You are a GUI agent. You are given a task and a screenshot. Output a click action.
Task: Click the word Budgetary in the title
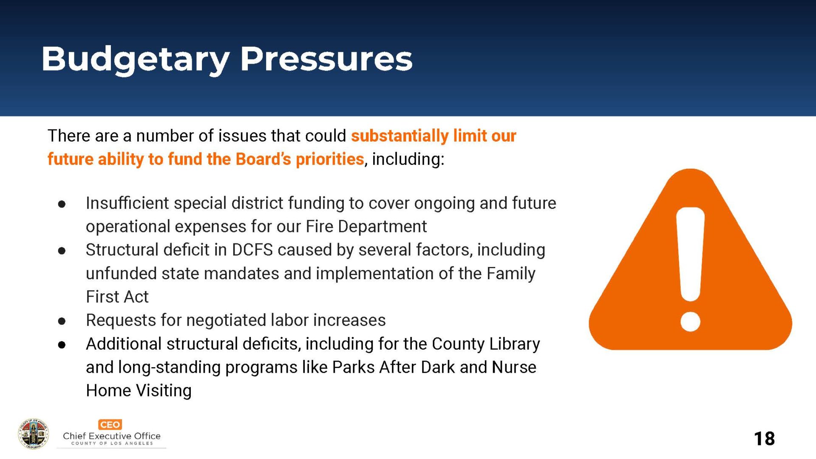tap(136, 59)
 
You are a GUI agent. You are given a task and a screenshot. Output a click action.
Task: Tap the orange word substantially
tap(399, 136)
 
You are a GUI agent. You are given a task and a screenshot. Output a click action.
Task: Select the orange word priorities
tap(330, 159)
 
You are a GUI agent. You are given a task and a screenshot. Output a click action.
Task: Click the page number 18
tap(764, 439)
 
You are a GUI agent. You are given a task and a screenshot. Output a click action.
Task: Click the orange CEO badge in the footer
tap(110, 425)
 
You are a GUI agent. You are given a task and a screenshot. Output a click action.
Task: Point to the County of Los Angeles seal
tap(33, 434)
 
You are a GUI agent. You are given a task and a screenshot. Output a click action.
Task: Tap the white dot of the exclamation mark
tap(690, 321)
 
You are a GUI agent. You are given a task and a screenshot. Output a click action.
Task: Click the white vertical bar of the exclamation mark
tap(690, 254)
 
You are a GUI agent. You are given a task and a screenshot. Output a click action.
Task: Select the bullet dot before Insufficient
tap(62, 204)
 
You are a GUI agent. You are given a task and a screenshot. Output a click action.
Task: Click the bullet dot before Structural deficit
tap(62, 251)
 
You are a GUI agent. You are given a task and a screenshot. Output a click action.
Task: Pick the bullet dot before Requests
tap(62, 321)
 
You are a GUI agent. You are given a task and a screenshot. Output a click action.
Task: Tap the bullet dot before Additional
tap(62, 345)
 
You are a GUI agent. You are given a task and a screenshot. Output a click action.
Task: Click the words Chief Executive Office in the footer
tap(112, 436)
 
